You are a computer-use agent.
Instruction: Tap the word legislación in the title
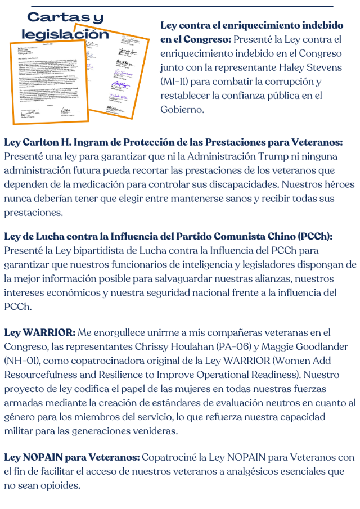pos(65,34)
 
